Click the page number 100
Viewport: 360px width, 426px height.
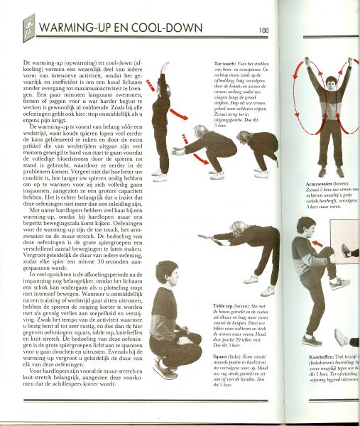pyautogui.click(x=263, y=30)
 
